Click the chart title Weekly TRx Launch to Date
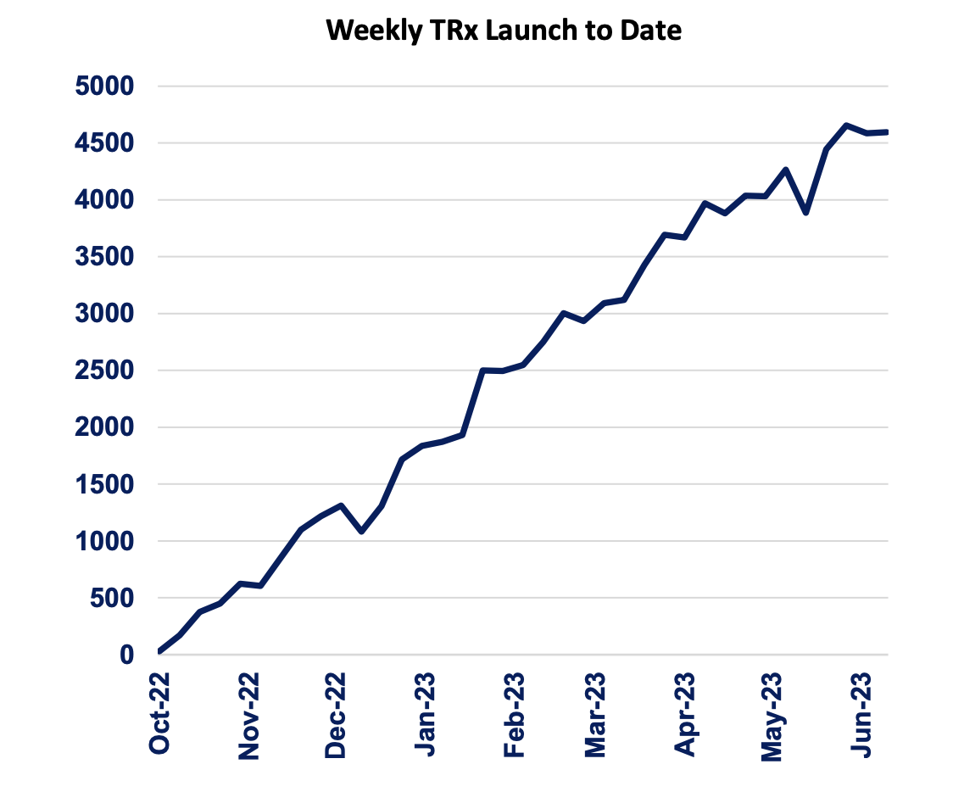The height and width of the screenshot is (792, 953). tap(504, 31)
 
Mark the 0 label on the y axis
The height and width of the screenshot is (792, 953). tap(127, 655)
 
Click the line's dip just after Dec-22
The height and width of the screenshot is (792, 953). tap(362, 532)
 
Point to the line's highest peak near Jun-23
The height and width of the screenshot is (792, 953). tap(846, 125)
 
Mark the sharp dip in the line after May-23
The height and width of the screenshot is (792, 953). tap(805, 213)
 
